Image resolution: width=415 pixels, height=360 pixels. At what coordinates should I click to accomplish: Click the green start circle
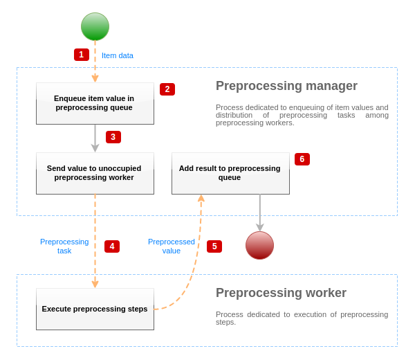pos(95,27)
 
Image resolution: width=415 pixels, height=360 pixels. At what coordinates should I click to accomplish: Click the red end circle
pos(259,245)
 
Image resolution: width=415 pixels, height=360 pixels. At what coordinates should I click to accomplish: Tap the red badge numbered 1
pos(82,55)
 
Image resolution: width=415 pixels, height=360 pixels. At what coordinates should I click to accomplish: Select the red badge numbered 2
pos(167,89)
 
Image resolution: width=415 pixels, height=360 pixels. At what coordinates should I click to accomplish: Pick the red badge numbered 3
pos(113,137)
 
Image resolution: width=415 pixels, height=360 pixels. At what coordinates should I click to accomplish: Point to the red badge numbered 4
pos(112,246)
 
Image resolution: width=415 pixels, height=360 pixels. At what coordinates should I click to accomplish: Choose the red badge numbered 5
pos(214,246)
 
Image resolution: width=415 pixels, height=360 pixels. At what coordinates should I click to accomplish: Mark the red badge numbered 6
pos(302,159)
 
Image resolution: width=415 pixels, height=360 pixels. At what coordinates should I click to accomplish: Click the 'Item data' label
pos(118,55)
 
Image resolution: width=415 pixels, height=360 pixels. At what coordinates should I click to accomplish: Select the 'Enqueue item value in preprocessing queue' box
pos(95,103)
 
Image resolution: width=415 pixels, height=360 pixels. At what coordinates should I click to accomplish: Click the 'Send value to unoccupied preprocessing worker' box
pos(95,173)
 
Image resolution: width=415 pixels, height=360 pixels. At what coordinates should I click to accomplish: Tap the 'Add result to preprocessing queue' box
pos(230,173)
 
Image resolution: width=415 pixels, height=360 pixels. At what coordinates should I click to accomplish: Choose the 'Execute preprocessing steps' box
pos(95,309)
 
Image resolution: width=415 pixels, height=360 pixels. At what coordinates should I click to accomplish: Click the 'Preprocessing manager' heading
pos(286,86)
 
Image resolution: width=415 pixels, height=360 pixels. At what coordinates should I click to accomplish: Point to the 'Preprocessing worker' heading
pos(281,293)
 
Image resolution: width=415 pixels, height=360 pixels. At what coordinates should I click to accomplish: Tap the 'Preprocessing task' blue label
pos(64,246)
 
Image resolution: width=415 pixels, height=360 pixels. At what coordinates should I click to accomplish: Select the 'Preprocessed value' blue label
pos(172,246)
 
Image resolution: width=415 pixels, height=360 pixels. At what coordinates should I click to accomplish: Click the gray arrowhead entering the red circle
pos(260,227)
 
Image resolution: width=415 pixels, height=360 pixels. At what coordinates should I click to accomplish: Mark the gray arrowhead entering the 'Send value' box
pos(95,148)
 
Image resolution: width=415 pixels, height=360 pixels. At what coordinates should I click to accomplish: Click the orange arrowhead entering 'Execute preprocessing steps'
pos(95,284)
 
